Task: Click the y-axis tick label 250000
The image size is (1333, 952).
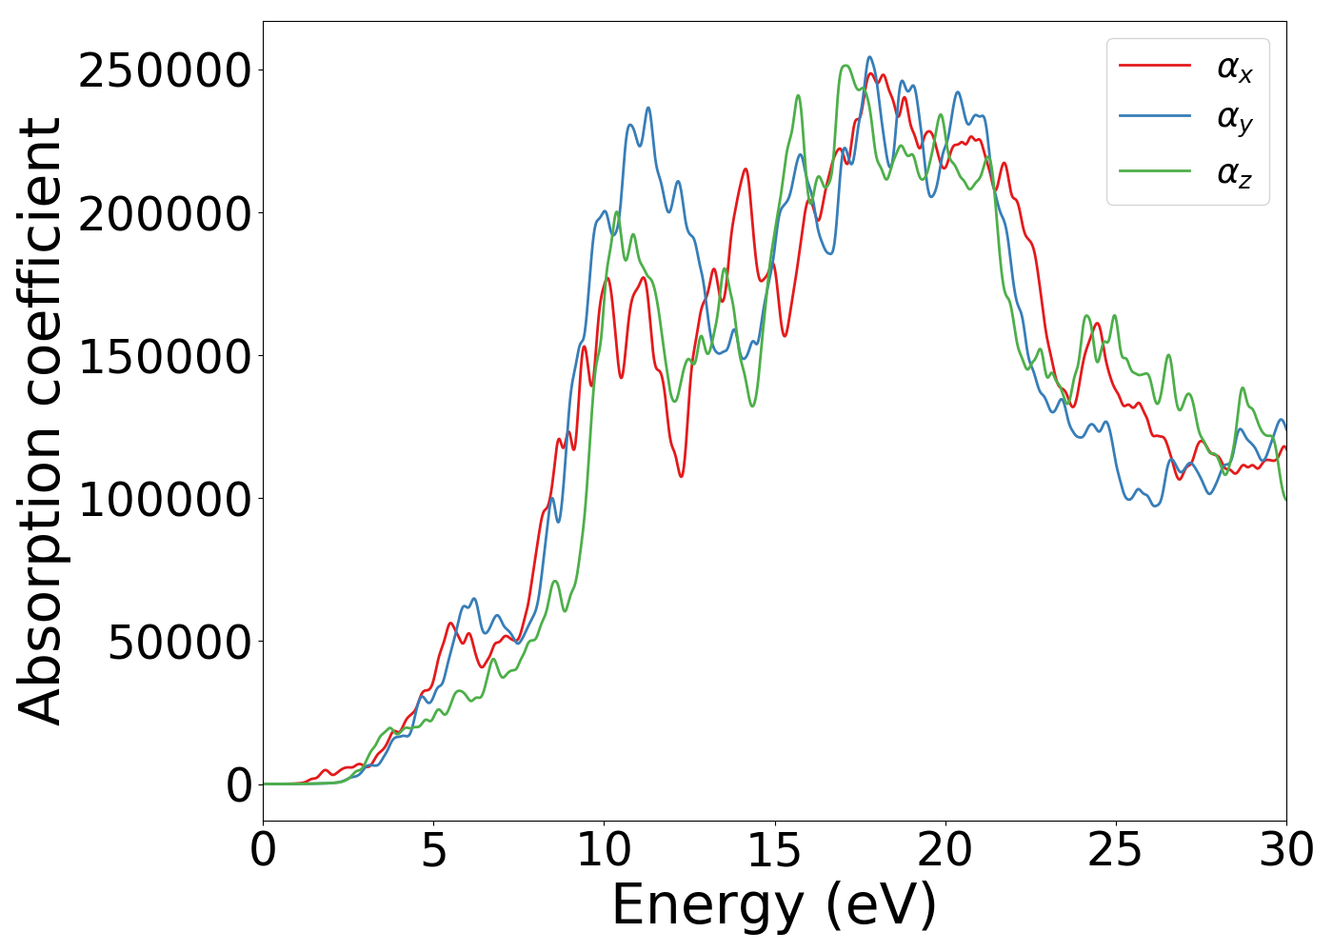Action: pos(165,71)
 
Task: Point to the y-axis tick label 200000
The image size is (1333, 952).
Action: pos(165,214)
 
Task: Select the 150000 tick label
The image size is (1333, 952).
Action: pos(165,357)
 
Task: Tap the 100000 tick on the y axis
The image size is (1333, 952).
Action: pos(165,499)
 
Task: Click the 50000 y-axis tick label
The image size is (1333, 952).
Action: pos(180,643)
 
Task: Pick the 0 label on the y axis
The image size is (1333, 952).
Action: pos(240,785)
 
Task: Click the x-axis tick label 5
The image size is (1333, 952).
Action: pos(433,850)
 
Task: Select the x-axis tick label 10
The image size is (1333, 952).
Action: pos(604,850)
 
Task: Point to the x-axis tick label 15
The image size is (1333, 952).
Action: pos(774,850)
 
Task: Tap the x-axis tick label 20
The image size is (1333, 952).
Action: pos(945,850)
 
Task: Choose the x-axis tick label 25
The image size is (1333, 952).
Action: pos(1115,850)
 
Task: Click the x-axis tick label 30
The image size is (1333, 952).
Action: pos(1286,850)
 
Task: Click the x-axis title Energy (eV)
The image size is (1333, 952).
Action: pos(774,904)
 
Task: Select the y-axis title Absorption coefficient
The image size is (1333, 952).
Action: pos(40,421)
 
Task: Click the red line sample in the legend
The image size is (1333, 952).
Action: pos(1154,66)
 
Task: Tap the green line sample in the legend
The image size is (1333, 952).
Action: pos(1154,171)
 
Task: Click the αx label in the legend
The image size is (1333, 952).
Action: pos(1235,68)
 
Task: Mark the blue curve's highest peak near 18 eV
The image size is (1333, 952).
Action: pos(869,57)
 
